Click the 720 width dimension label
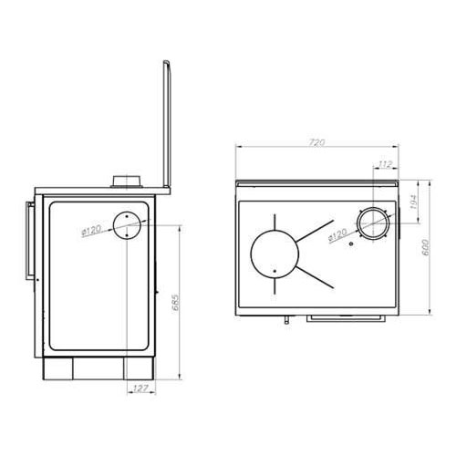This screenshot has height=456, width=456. click(x=317, y=143)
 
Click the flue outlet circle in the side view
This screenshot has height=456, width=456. click(x=128, y=223)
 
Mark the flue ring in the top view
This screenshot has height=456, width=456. click(x=372, y=224)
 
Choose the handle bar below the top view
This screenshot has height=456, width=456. click(x=346, y=318)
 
